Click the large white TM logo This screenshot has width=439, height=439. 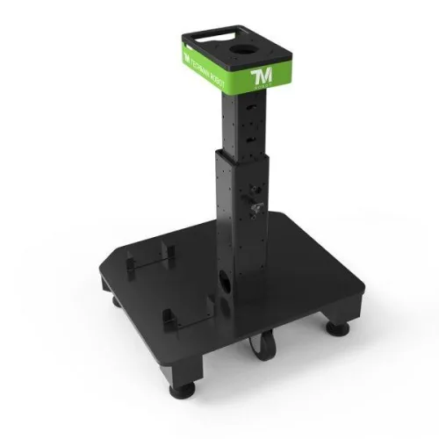click(263, 78)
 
